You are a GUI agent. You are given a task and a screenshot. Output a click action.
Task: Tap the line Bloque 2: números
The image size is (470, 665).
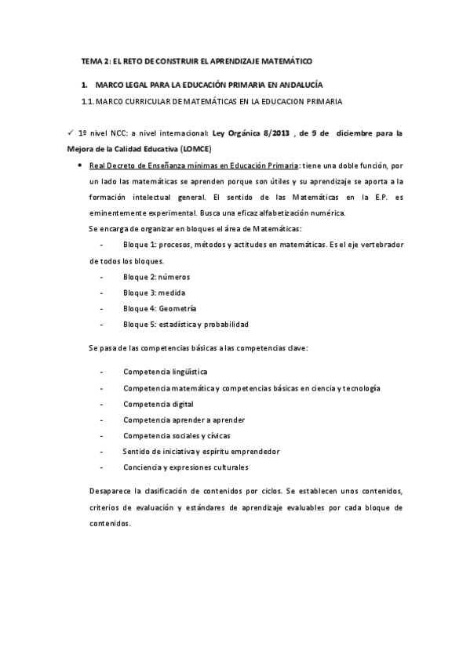click(x=156, y=277)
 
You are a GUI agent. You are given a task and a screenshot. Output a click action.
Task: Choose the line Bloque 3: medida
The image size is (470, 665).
click(x=153, y=293)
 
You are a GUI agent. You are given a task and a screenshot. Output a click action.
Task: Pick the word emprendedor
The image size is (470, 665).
click(x=275, y=452)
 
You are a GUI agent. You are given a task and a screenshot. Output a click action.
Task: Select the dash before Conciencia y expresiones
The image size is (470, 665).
click(x=103, y=467)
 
